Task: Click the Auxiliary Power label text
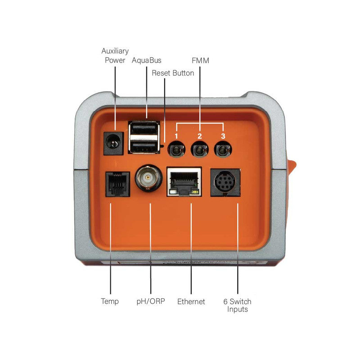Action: point(115,55)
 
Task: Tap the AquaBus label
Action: point(147,60)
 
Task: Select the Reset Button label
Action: point(173,73)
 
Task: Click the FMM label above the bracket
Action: point(200,60)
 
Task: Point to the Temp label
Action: point(110,301)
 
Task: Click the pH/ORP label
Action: point(150,301)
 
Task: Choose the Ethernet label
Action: point(191,301)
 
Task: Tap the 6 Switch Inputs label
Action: point(237,305)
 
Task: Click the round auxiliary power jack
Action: point(114,143)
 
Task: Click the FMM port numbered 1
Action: point(176,149)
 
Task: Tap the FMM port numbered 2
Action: point(199,149)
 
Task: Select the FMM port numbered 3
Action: point(222,149)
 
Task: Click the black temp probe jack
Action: point(117,184)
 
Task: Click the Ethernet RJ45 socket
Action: point(184,182)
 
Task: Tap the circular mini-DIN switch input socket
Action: point(225,182)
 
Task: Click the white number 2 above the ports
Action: point(199,136)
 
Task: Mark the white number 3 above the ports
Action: point(222,136)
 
